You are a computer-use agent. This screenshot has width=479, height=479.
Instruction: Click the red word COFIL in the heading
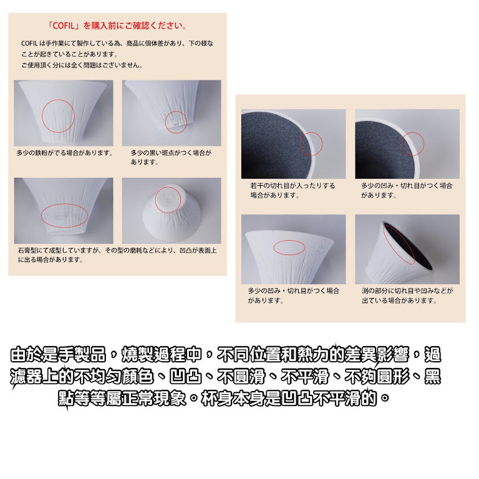pyautogui.click(x=64, y=26)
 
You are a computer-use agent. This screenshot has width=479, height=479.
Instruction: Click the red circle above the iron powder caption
pyautogui.click(x=42, y=116)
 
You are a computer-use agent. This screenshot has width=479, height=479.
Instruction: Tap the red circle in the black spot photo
pyautogui.click(x=165, y=122)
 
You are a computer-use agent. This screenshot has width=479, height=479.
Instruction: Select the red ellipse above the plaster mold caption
pyautogui.click(x=41, y=216)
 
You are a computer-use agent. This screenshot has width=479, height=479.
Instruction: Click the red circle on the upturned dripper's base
pyautogui.click(x=155, y=200)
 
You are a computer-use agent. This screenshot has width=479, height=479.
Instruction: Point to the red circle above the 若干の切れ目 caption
pyautogui.click(x=299, y=144)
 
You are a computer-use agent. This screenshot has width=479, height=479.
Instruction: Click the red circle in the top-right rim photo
pyautogui.click(x=401, y=144)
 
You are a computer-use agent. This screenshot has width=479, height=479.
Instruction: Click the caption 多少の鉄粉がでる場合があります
pyautogui.click(x=65, y=153)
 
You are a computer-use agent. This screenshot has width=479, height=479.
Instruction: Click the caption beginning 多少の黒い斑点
pyautogui.click(x=171, y=157)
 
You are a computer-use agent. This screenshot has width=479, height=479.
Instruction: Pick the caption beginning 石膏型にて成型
pyautogui.click(x=117, y=255)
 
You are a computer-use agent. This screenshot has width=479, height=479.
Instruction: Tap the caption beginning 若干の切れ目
pyautogui.click(x=293, y=190)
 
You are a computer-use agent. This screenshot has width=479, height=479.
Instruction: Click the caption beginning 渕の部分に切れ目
pyautogui.click(x=407, y=296)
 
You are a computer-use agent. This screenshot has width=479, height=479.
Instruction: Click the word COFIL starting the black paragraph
pyautogui.click(x=29, y=44)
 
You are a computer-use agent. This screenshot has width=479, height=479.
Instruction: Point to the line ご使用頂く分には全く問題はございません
pyautogui.click(x=82, y=65)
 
